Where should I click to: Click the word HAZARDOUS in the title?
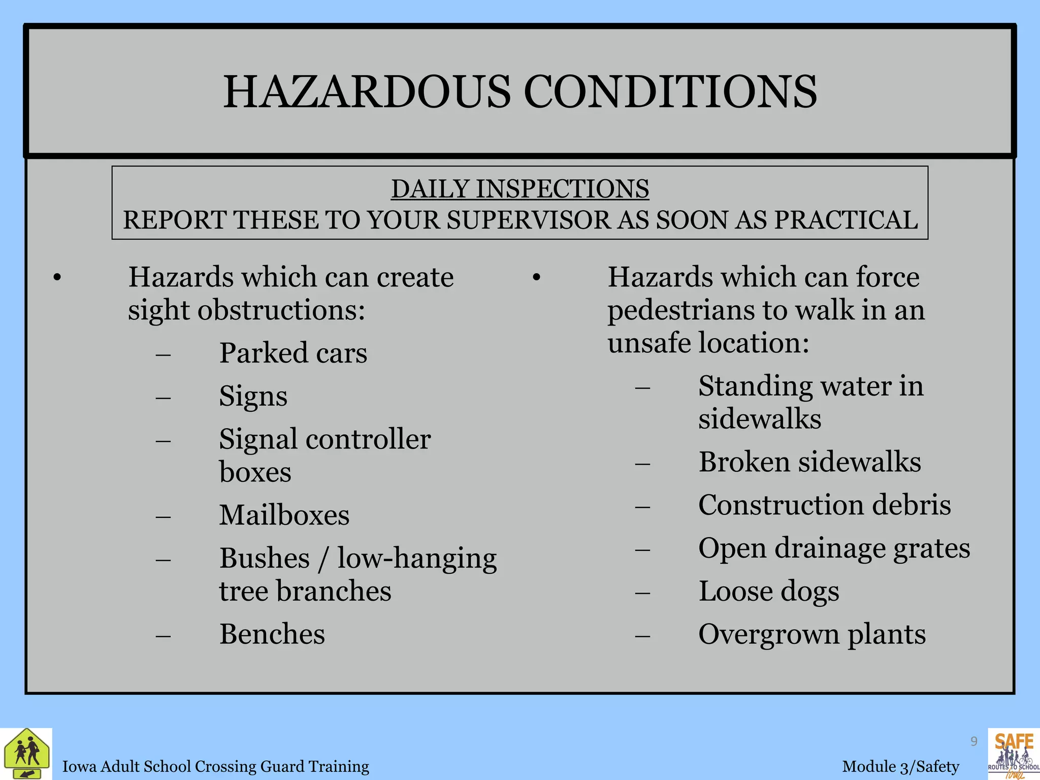367,92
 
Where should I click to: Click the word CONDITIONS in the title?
670,92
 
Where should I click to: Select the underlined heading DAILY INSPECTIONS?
520,189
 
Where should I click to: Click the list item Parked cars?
293,353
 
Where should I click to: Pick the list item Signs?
253,396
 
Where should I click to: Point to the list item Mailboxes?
284,515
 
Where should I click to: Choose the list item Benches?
272,634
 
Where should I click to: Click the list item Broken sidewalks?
809,462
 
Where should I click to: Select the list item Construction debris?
824,505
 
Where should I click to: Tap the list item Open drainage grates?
834,548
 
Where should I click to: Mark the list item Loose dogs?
769,592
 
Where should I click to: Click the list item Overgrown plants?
812,634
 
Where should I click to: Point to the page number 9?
973,741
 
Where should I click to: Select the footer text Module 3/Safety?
900,766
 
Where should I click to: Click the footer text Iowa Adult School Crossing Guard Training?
215,766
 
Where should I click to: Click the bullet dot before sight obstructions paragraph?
57,278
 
